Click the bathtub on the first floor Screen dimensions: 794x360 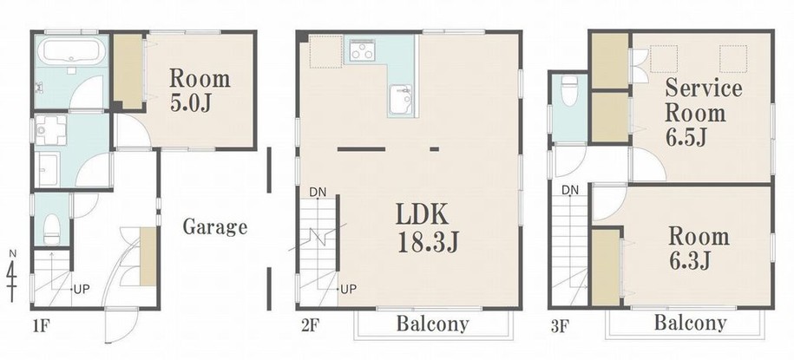point(72,52)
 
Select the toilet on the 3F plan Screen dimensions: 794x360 point(570,90)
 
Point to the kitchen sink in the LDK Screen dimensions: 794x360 point(402,100)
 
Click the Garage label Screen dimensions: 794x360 point(214,226)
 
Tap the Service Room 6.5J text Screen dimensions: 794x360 point(703,113)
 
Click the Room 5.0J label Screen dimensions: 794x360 point(200,90)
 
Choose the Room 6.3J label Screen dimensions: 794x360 point(699,248)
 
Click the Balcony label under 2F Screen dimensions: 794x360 point(432,324)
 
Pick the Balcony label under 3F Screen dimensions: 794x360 point(690,323)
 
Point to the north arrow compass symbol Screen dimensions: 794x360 point(12,276)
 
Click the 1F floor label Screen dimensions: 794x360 point(41,325)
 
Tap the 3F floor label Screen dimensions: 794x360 point(559,325)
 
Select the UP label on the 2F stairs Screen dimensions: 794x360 point(348,289)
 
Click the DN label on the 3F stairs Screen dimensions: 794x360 point(570,190)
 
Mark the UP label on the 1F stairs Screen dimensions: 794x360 point(82,290)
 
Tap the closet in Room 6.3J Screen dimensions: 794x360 point(606,268)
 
